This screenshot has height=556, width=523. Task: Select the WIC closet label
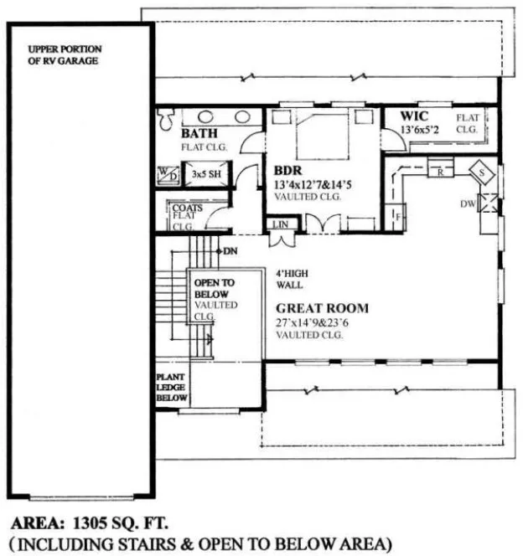coord(413,116)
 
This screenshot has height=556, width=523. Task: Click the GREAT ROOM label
coord(322,308)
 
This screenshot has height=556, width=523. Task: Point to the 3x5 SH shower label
coord(206,174)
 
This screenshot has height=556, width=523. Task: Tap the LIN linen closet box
coord(277,224)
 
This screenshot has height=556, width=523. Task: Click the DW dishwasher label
coord(468,203)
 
